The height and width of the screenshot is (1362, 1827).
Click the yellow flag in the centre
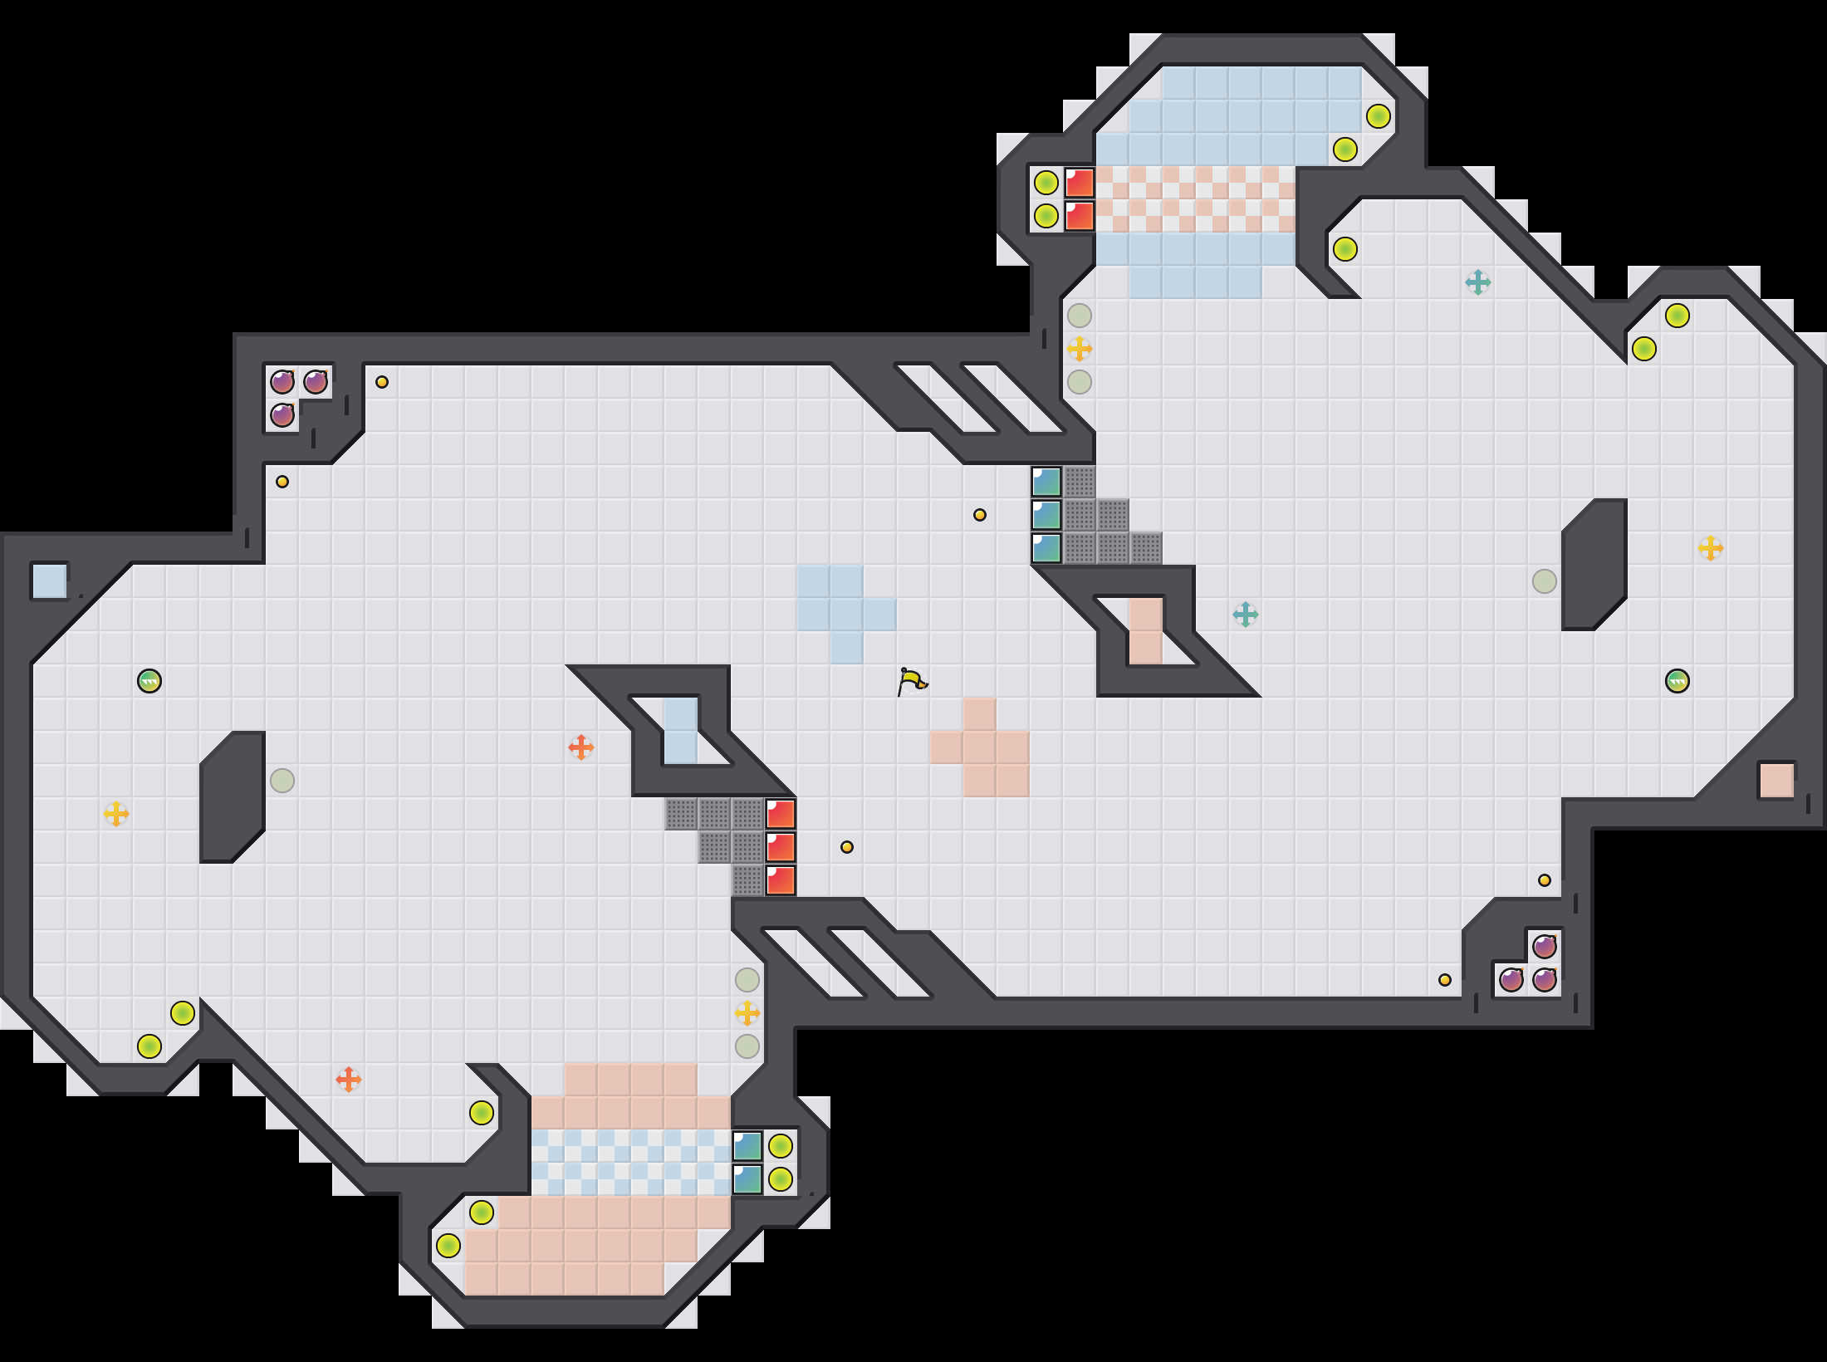click(912, 681)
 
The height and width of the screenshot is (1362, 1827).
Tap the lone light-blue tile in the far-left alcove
click(50, 581)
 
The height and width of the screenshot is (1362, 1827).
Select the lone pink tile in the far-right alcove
click(1776, 781)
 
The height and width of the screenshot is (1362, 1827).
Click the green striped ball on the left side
click(149, 681)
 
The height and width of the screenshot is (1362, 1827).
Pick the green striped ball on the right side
click(1678, 681)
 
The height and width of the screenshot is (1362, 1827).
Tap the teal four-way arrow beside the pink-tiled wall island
click(1246, 615)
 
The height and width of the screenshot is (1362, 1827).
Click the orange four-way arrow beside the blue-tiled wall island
click(581, 747)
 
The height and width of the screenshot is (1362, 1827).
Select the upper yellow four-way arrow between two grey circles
click(1080, 349)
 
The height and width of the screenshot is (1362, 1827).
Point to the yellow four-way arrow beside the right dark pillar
click(1711, 548)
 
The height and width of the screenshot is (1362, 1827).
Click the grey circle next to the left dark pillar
click(282, 781)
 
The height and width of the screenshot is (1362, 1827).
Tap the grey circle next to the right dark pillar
click(1545, 581)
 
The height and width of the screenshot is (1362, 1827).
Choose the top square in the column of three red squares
click(781, 814)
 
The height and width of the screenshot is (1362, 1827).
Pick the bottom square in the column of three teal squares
click(1046, 548)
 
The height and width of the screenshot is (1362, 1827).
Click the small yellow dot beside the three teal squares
click(980, 515)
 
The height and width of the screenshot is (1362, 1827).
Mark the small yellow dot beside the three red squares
click(847, 847)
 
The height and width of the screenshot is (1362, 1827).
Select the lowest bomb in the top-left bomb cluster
click(282, 415)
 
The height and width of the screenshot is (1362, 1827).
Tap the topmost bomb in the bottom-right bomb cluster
click(1545, 947)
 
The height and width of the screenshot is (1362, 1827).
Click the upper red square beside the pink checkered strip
click(1080, 183)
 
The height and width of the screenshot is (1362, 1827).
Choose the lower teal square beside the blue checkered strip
click(747, 1179)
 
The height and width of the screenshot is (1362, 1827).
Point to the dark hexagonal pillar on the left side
click(233, 797)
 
